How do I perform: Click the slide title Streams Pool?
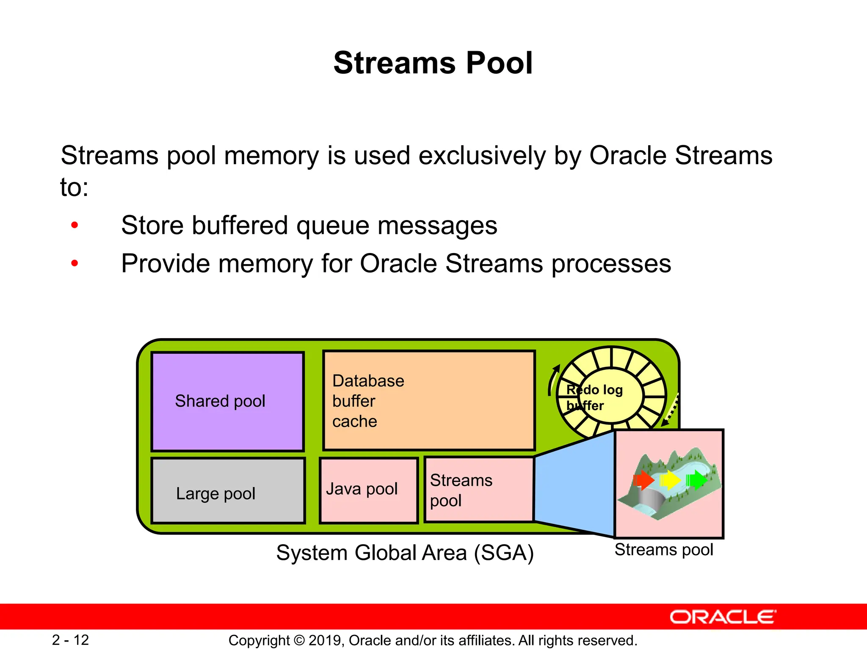(433, 63)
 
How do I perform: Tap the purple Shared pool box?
(228, 401)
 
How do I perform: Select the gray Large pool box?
(228, 491)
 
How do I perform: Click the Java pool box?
(369, 490)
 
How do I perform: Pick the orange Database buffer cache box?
(429, 400)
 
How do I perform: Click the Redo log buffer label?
(594, 397)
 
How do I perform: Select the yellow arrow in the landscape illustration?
(670, 480)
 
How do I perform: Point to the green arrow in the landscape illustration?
(696, 480)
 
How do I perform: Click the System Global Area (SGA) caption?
(405, 553)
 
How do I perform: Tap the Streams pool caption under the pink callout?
(663, 550)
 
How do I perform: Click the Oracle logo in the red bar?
(723, 617)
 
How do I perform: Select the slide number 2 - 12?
(70, 640)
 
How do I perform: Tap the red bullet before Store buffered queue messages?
(75, 225)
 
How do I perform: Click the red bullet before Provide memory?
(75, 264)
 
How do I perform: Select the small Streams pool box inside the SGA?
(479, 490)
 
